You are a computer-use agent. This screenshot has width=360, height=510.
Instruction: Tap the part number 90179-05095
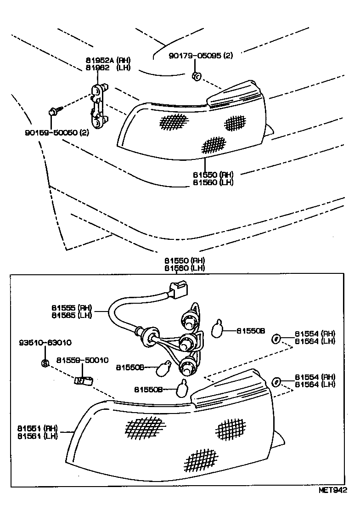201,56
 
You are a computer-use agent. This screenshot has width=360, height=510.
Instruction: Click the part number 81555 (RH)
72,307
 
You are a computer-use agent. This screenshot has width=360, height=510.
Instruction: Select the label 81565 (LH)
72,315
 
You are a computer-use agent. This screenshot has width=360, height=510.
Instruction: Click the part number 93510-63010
45,343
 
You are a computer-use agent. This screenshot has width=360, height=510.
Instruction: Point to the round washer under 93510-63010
45,363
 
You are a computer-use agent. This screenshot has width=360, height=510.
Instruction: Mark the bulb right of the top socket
217,329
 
